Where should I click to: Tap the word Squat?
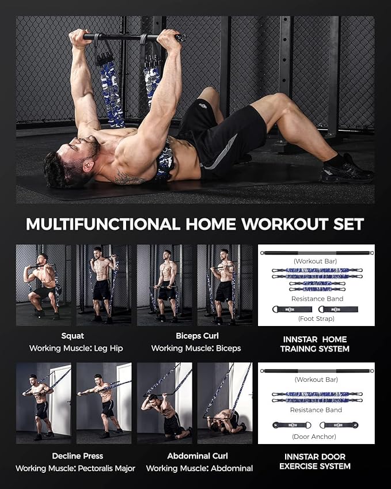click(x=73, y=335)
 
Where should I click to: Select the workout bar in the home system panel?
click(x=316, y=252)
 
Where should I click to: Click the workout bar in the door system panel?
click(x=316, y=370)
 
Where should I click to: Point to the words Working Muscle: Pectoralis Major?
click(x=75, y=468)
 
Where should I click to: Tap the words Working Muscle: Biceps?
click(x=196, y=348)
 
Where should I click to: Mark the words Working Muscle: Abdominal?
click(x=199, y=468)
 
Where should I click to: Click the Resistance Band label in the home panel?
click(x=316, y=299)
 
